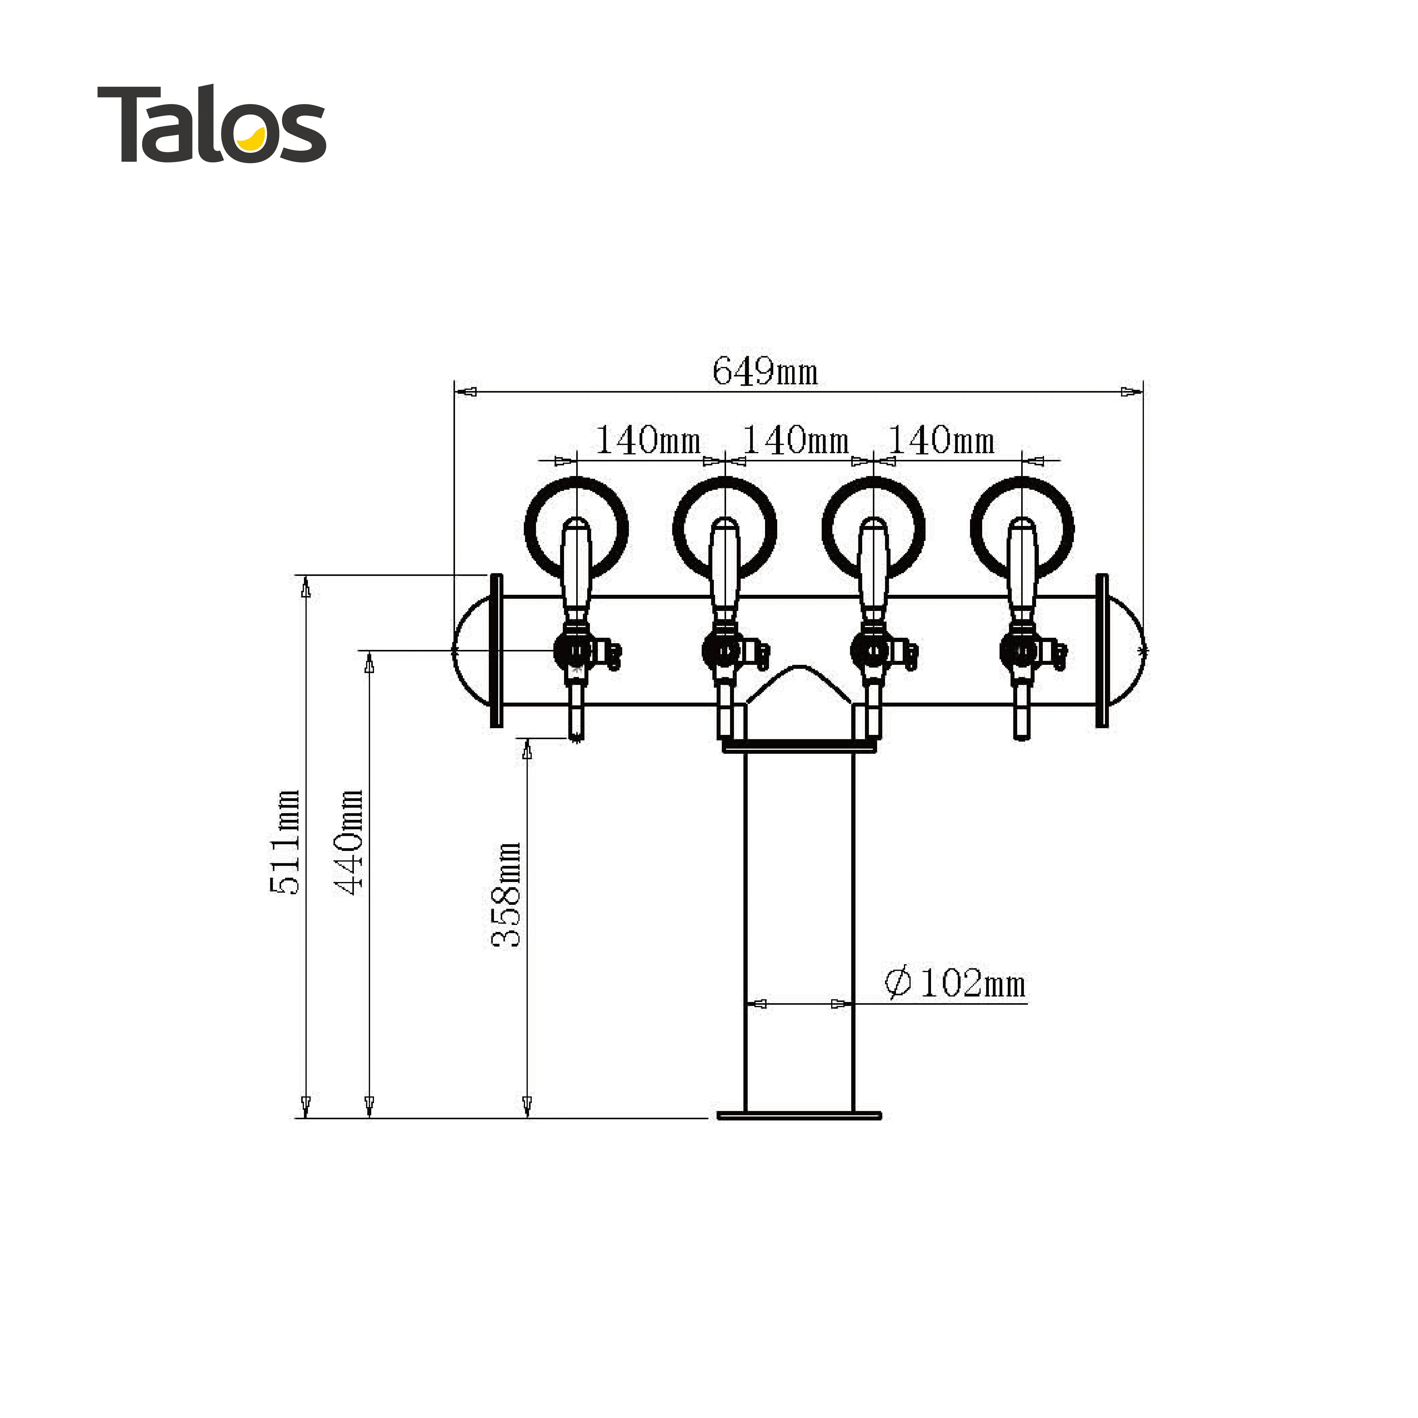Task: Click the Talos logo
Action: point(211,125)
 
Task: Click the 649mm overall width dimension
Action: point(765,371)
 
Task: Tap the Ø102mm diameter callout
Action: point(956,983)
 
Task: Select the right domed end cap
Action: point(1124,651)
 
